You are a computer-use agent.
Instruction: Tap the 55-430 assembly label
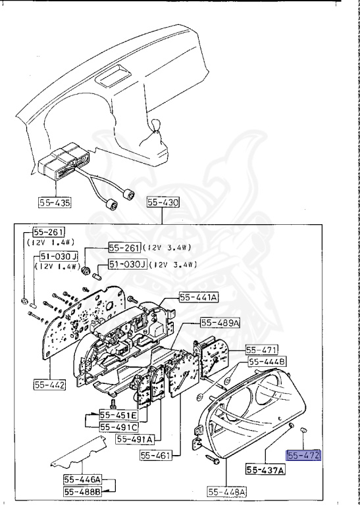click(163, 203)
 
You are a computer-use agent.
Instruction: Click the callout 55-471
click(262, 349)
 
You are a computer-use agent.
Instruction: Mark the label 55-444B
click(267, 362)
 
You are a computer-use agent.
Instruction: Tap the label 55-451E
click(118, 415)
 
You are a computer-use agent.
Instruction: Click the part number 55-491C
click(118, 427)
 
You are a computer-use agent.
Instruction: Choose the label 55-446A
click(83, 479)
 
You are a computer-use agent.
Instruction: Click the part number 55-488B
click(83, 491)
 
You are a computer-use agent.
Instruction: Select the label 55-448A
click(226, 491)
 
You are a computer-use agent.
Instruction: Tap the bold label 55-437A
click(266, 470)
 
